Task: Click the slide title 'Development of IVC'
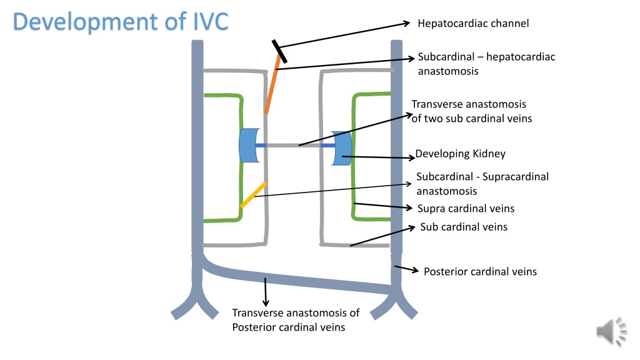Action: tap(121, 21)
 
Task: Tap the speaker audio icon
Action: tap(611, 331)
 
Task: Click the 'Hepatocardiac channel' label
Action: tap(473, 23)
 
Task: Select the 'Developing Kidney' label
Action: tap(460, 154)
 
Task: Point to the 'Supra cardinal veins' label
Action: tap(466, 209)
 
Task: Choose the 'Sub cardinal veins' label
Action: tap(464, 227)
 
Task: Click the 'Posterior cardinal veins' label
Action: tap(480, 271)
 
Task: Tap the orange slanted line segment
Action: tap(272, 84)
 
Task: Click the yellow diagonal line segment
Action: tap(254, 195)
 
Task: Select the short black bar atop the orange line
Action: tap(279, 51)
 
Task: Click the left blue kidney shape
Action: tap(249, 145)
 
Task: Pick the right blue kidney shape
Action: tap(341, 148)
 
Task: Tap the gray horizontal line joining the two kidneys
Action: tap(294, 145)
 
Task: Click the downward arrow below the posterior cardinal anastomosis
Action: tap(266, 292)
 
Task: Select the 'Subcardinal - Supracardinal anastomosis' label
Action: tap(482, 184)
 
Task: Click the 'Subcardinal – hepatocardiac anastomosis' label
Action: tap(486, 64)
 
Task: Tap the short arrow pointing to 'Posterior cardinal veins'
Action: tap(406, 269)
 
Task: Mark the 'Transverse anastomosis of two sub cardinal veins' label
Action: tap(471, 111)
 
